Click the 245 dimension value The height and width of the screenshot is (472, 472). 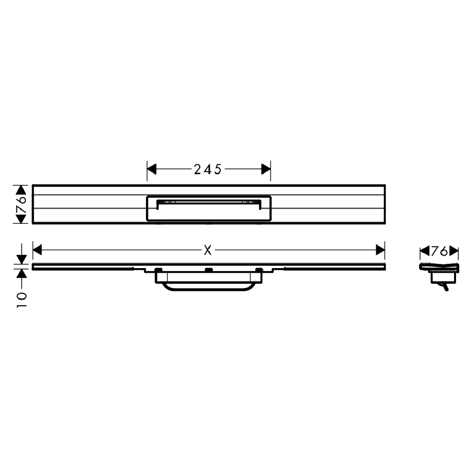(208, 169)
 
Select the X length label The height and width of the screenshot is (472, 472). (208, 251)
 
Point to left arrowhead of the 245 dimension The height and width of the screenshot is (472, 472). (152, 169)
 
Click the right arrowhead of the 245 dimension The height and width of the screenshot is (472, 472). (266, 169)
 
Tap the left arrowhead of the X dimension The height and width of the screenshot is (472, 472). (37, 250)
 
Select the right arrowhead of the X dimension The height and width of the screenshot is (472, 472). (380, 250)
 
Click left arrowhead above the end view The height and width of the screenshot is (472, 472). (423, 251)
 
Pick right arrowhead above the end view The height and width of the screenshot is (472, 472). (454, 251)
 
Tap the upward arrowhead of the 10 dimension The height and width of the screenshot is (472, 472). (21, 274)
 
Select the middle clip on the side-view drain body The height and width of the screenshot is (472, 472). (208, 270)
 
